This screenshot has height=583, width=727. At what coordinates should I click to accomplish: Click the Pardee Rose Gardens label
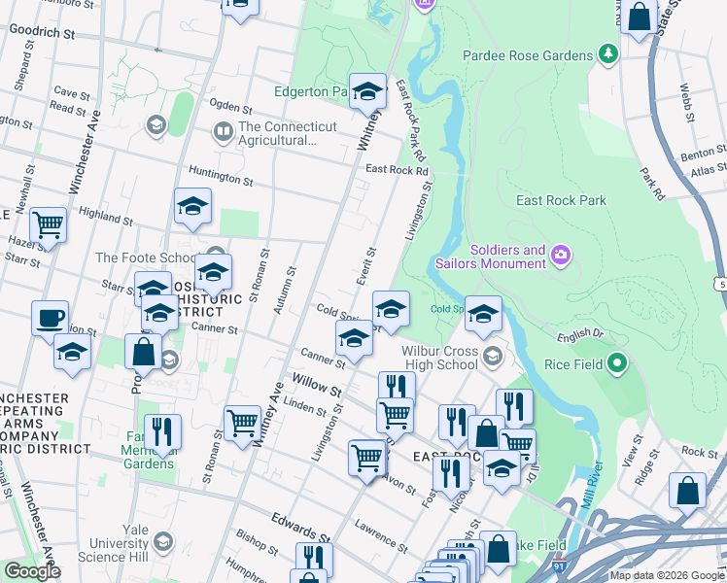tap(527, 55)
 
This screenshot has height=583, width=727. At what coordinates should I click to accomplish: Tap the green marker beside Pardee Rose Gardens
tap(607, 51)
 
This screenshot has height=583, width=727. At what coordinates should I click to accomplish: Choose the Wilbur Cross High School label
tap(441, 360)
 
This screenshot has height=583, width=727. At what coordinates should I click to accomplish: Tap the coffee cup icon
tap(50, 318)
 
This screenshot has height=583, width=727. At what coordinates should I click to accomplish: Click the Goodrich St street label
tap(42, 31)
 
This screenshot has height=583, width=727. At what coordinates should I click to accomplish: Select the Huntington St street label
tap(221, 181)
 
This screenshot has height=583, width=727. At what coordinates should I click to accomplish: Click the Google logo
tap(32, 571)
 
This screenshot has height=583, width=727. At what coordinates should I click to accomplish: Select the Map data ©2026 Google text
tap(668, 575)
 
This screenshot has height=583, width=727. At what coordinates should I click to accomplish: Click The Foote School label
tap(146, 257)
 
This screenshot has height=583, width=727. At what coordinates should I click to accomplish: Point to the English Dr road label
tap(582, 337)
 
